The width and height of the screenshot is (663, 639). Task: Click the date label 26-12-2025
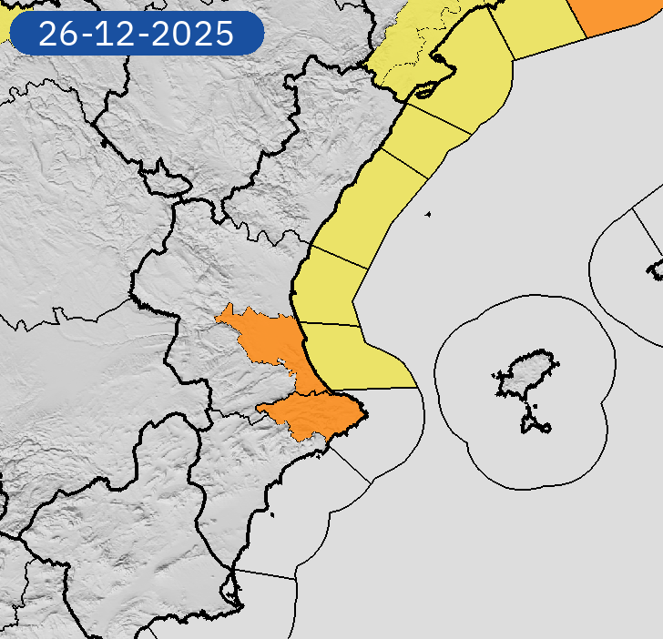click(x=136, y=34)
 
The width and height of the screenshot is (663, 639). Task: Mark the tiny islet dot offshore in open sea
click(x=427, y=215)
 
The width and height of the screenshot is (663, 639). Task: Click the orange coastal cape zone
click(x=319, y=414)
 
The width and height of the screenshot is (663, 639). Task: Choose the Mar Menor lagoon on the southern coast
click(x=235, y=596)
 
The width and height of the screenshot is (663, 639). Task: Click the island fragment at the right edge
click(x=656, y=269)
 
